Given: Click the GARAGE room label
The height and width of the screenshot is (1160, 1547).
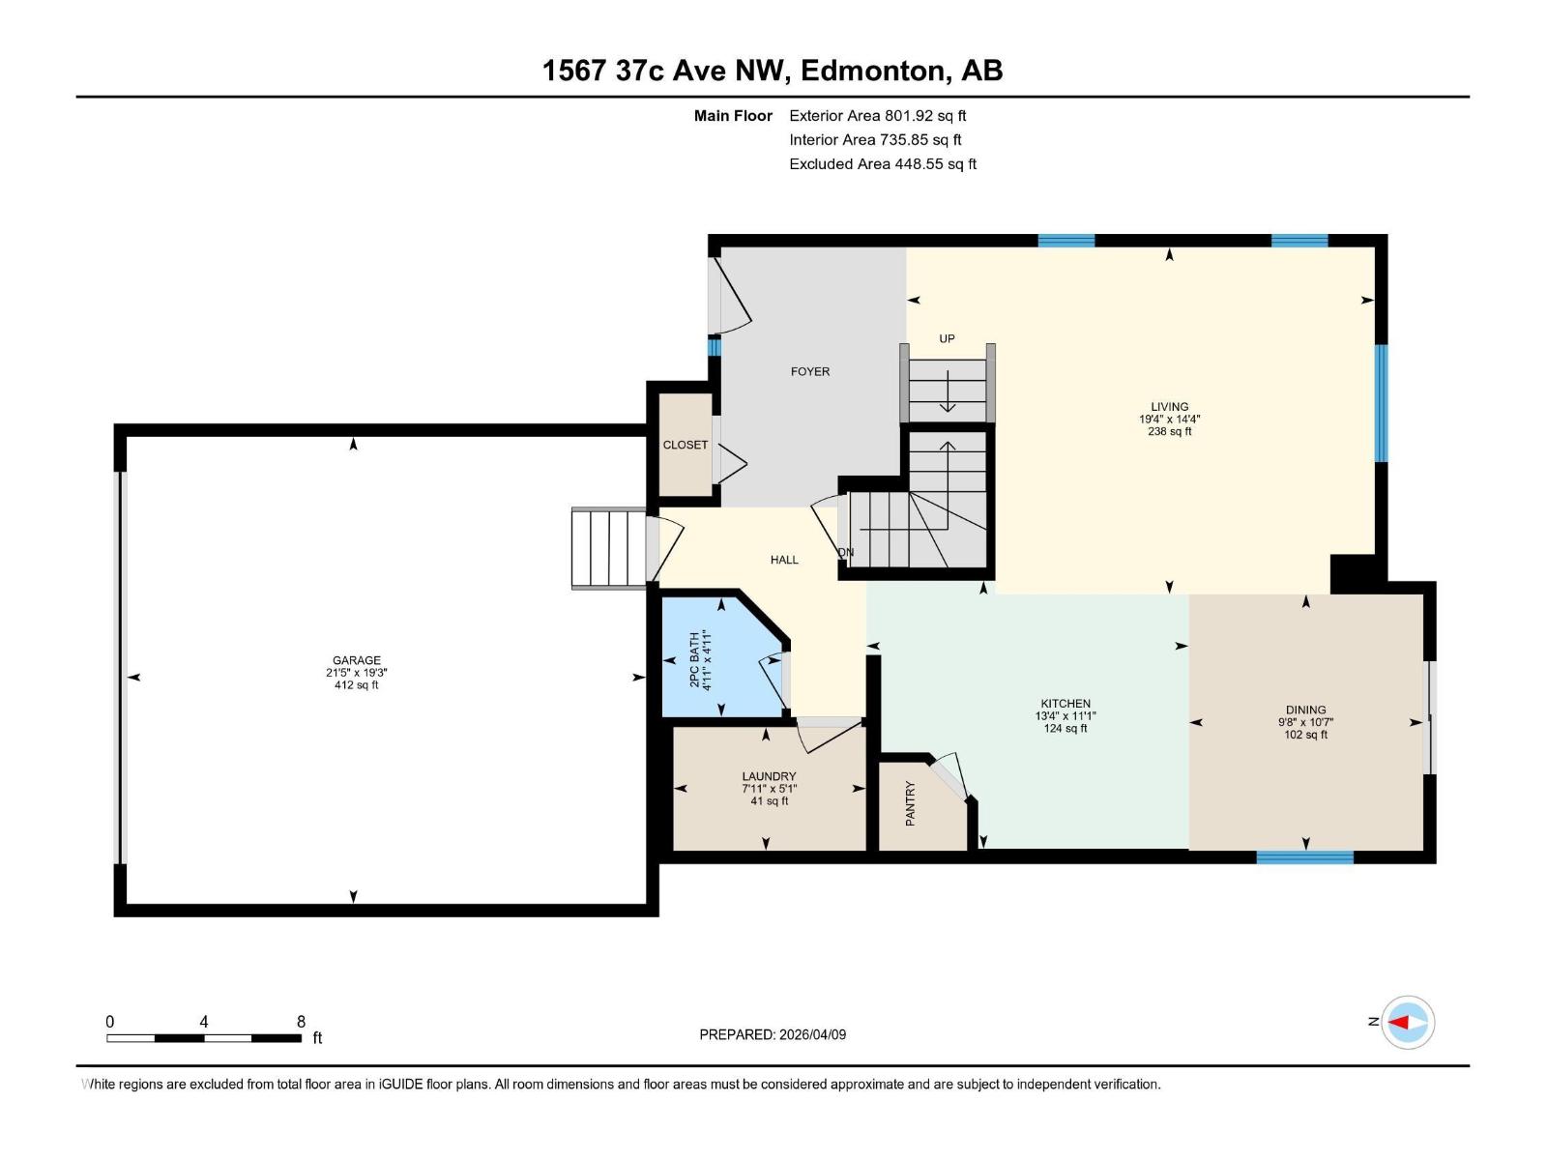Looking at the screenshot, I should [357, 661].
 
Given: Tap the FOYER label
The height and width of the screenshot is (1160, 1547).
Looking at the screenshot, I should [810, 371].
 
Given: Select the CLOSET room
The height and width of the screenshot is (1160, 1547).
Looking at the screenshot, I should [686, 445].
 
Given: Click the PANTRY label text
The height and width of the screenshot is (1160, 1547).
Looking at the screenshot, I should [910, 803].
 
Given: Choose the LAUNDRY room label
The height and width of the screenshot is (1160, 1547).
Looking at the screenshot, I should [769, 776].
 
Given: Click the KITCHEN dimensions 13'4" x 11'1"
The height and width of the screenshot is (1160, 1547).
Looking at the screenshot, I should [1065, 716].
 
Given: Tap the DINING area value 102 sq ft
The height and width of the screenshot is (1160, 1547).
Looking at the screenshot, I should [1305, 735].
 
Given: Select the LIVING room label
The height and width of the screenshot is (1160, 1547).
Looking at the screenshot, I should [1170, 407].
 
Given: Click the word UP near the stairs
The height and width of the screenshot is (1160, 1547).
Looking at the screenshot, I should [947, 338].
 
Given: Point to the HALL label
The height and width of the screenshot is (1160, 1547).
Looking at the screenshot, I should [784, 560].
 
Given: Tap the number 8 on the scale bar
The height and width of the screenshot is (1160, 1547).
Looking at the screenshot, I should [301, 1022].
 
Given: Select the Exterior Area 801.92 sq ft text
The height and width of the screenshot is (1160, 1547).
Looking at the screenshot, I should [877, 116].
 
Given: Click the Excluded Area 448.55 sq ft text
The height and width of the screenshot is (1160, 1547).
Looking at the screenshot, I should [882, 164].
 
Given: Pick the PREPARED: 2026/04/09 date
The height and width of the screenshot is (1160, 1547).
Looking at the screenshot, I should [773, 1034].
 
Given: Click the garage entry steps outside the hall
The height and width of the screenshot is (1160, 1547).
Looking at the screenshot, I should [608, 548].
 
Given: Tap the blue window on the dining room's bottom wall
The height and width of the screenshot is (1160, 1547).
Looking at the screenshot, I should [1304, 856].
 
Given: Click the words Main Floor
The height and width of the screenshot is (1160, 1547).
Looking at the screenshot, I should [733, 116].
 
